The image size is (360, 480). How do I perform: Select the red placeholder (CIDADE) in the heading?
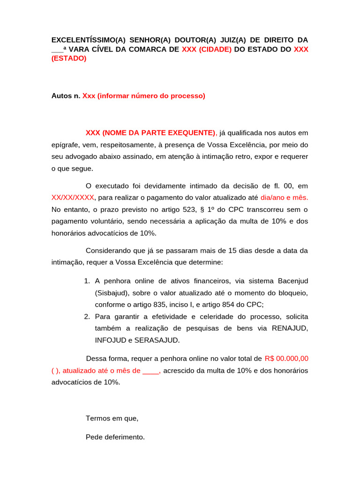pyautogui.click(x=215, y=49)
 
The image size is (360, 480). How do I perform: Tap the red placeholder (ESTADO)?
pyautogui.click(x=69, y=59)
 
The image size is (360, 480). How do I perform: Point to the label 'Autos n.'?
pyautogui.click(x=66, y=96)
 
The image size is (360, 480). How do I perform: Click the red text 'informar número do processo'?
pyautogui.click(x=151, y=96)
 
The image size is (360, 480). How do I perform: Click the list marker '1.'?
pyautogui.click(x=87, y=281)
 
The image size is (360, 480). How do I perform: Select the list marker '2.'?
pyautogui.click(x=87, y=316)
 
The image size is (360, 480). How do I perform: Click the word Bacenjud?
pyautogui.click(x=291, y=281)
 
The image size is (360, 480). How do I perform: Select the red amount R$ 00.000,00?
pyautogui.click(x=286, y=359)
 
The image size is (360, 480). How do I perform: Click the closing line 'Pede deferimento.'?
pyautogui.click(x=115, y=437)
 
